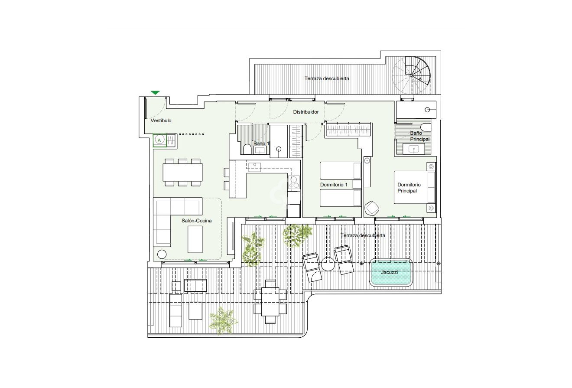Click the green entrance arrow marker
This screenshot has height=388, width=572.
click(x=155, y=93)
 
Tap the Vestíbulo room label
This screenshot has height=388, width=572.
click(x=161, y=121)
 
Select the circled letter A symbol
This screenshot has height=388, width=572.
click(x=159, y=140)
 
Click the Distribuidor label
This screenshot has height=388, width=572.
click(x=306, y=112)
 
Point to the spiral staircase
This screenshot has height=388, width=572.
click(x=412, y=75)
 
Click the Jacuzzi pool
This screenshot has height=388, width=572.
click(x=390, y=273)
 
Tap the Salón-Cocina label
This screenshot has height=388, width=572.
click(x=197, y=221)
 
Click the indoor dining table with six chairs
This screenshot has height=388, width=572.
click(x=182, y=172)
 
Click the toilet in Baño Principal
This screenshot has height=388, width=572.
click(x=427, y=127)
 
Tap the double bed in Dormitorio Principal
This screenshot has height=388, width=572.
click(x=414, y=187)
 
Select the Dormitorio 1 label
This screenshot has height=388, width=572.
click(x=334, y=185)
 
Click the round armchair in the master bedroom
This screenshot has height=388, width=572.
click(x=372, y=208)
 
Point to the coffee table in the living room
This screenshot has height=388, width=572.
click(x=195, y=239)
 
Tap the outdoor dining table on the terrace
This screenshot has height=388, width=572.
click(x=270, y=302)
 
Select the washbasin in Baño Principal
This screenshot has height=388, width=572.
click(x=413, y=149)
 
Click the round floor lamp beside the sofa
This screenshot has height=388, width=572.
click(x=162, y=254)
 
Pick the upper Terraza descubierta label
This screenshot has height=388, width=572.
click(x=327, y=78)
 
